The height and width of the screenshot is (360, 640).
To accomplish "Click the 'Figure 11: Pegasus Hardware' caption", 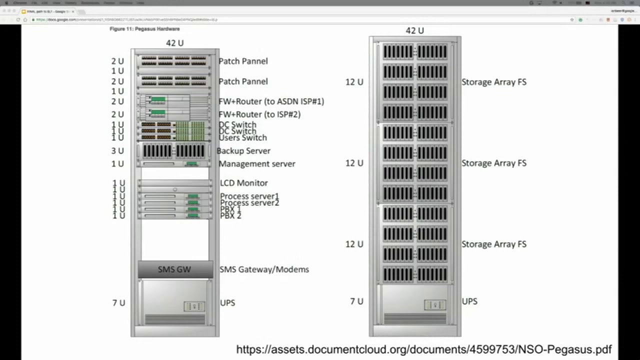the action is tap(144, 29).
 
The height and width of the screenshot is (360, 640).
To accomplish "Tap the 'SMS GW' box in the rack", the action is tap(174, 269).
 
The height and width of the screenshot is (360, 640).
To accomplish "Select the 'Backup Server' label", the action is tap(243, 150).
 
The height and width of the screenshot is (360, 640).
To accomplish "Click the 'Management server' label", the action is tap(257, 163).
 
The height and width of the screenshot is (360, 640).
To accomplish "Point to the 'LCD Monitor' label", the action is tap(244, 183).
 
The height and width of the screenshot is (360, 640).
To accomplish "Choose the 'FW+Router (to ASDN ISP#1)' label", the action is tap(271, 101).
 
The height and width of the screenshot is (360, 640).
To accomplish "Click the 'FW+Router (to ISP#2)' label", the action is tap(259, 114).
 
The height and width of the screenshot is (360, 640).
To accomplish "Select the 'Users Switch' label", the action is tap(243, 138).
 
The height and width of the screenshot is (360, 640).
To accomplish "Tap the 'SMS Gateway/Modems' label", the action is tap(264, 269).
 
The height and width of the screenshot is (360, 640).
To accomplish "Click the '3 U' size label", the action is tap(117, 150).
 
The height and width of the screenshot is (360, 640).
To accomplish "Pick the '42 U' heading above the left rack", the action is tap(175, 43).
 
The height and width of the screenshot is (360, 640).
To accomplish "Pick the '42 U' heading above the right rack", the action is tap(415, 30).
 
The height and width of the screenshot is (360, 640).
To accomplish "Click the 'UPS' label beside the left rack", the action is tap(227, 302).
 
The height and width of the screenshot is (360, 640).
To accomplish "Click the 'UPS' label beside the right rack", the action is tap(469, 301).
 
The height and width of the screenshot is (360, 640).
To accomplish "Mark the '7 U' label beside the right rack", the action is tap(356, 301).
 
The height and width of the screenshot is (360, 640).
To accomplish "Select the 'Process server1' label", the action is tap(249, 196).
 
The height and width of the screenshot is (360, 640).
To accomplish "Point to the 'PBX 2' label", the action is tap(230, 215).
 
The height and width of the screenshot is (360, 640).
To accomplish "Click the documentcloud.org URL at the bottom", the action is tap(423, 349).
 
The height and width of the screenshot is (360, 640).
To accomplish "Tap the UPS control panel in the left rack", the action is tap(194, 306).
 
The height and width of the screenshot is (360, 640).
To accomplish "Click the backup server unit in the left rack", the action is tap(174, 150).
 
